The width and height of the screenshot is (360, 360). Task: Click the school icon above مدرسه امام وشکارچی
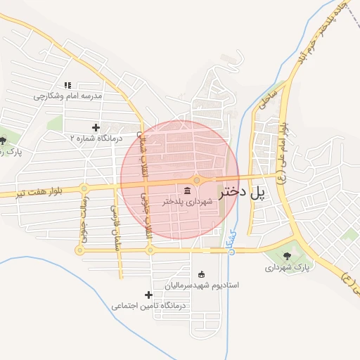click(68, 85)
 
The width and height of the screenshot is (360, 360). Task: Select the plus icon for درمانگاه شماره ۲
click(96, 127)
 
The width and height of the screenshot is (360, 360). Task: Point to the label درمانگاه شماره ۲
click(96, 139)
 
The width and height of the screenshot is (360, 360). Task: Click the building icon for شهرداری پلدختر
click(186, 191)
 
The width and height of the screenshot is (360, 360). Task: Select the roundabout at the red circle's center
click(197, 181)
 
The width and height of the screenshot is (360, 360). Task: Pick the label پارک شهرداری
click(288, 267)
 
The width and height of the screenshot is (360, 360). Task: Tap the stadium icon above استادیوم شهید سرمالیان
click(202, 274)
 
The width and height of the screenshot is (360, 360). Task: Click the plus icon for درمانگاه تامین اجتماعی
click(148, 295)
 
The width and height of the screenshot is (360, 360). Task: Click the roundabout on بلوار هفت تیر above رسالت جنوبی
click(84, 188)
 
